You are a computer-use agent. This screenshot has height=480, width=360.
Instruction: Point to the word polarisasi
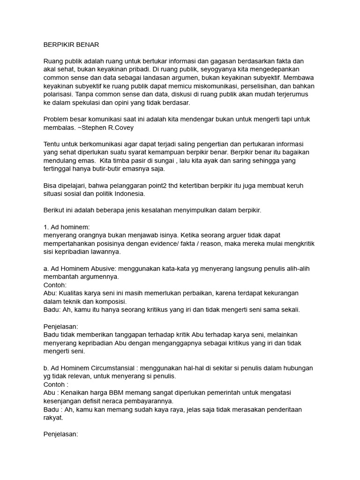click(60, 95)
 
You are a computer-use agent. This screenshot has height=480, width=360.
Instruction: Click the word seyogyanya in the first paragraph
click(221, 70)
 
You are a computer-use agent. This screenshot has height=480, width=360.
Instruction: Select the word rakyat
click(52, 418)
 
